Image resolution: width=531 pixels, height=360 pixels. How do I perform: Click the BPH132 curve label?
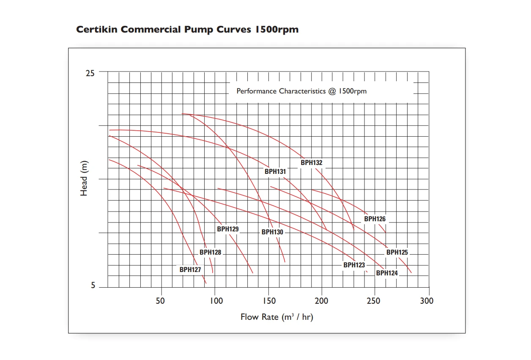pyautogui.click(x=312, y=163)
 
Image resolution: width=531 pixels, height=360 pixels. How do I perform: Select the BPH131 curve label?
pyautogui.click(x=275, y=172)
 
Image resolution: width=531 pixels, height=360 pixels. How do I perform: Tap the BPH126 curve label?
pyautogui.click(x=375, y=219)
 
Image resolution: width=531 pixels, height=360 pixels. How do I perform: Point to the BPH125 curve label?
pyautogui.click(x=397, y=253)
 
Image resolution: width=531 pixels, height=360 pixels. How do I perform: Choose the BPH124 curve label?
pyautogui.click(x=387, y=273)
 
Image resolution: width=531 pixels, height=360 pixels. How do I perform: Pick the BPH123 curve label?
pyautogui.click(x=354, y=265)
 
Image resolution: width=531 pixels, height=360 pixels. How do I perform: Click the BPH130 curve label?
pyautogui.click(x=272, y=232)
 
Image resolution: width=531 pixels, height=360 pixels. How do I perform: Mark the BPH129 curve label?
pyautogui.click(x=228, y=229)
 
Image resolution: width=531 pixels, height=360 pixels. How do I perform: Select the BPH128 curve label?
pyautogui.click(x=211, y=253)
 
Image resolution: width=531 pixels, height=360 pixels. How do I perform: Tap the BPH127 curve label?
pyautogui.click(x=190, y=269)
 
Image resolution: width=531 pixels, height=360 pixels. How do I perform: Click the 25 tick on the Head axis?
pyautogui.click(x=90, y=73)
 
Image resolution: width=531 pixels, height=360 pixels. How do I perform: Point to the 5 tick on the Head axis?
pyautogui.click(x=93, y=286)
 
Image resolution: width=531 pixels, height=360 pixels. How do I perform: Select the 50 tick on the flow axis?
pyautogui.click(x=160, y=301)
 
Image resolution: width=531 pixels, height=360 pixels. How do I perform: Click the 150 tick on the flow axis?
pyautogui.click(x=269, y=301)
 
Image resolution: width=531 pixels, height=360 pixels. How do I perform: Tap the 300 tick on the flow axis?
pyautogui.click(x=427, y=301)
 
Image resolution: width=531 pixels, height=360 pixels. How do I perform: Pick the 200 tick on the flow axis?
pyautogui.click(x=322, y=301)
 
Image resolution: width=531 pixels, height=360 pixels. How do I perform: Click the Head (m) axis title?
pyautogui.click(x=84, y=178)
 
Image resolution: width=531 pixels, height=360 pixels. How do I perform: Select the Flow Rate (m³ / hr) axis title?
pyautogui.click(x=277, y=317)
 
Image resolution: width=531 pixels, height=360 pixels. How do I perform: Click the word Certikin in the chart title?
pyautogui.click(x=97, y=30)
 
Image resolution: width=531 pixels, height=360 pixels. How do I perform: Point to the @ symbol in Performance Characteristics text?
pyautogui.click(x=331, y=91)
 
